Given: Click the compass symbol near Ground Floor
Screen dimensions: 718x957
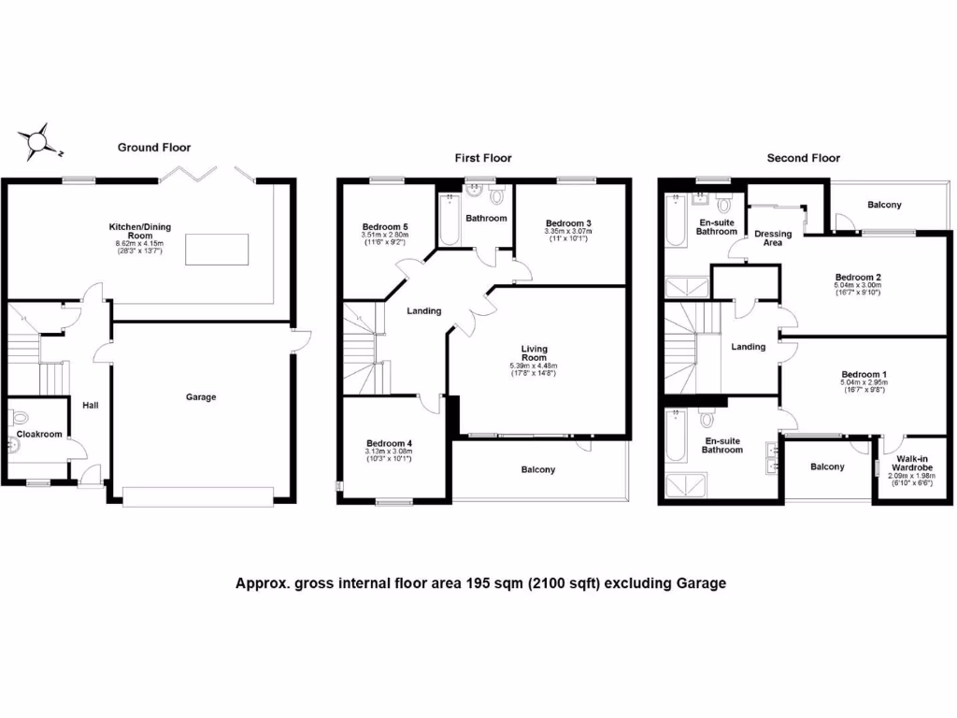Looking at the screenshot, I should pyautogui.click(x=38, y=141).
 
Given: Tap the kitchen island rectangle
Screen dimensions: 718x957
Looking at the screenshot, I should pyautogui.click(x=217, y=251).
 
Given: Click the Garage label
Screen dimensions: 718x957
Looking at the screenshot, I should pyautogui.click(x=200, y=397).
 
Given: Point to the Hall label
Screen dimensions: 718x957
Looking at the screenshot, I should pyautogui.click(x=90, y=406).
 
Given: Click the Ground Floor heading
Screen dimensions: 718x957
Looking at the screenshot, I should pyautogui.click(x=153, y=148).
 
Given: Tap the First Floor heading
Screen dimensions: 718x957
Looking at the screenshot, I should pyautogui.click(x=483, y=159).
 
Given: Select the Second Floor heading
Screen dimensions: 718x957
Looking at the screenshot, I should pyautogui.click(x=803, y=159).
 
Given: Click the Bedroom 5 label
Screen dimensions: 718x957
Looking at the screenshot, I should pyautogui.click(x=385, y=227).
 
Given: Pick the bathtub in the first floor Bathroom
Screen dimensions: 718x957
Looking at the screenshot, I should pyautogui.click(x=450, y=220).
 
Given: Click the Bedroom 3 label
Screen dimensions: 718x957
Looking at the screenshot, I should pyautogui.click(x=569, y=223).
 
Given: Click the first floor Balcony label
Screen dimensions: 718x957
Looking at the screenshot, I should pyautogui.click(x=537, y=469).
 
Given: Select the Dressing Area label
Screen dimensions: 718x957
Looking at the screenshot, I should pyautogui.click(x=773, y=238).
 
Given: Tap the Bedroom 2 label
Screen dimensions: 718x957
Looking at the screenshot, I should pyautogui.click(x=859, y=278).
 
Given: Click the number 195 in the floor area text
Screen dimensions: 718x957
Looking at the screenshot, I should pyautogui.click(x=466, y=584).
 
